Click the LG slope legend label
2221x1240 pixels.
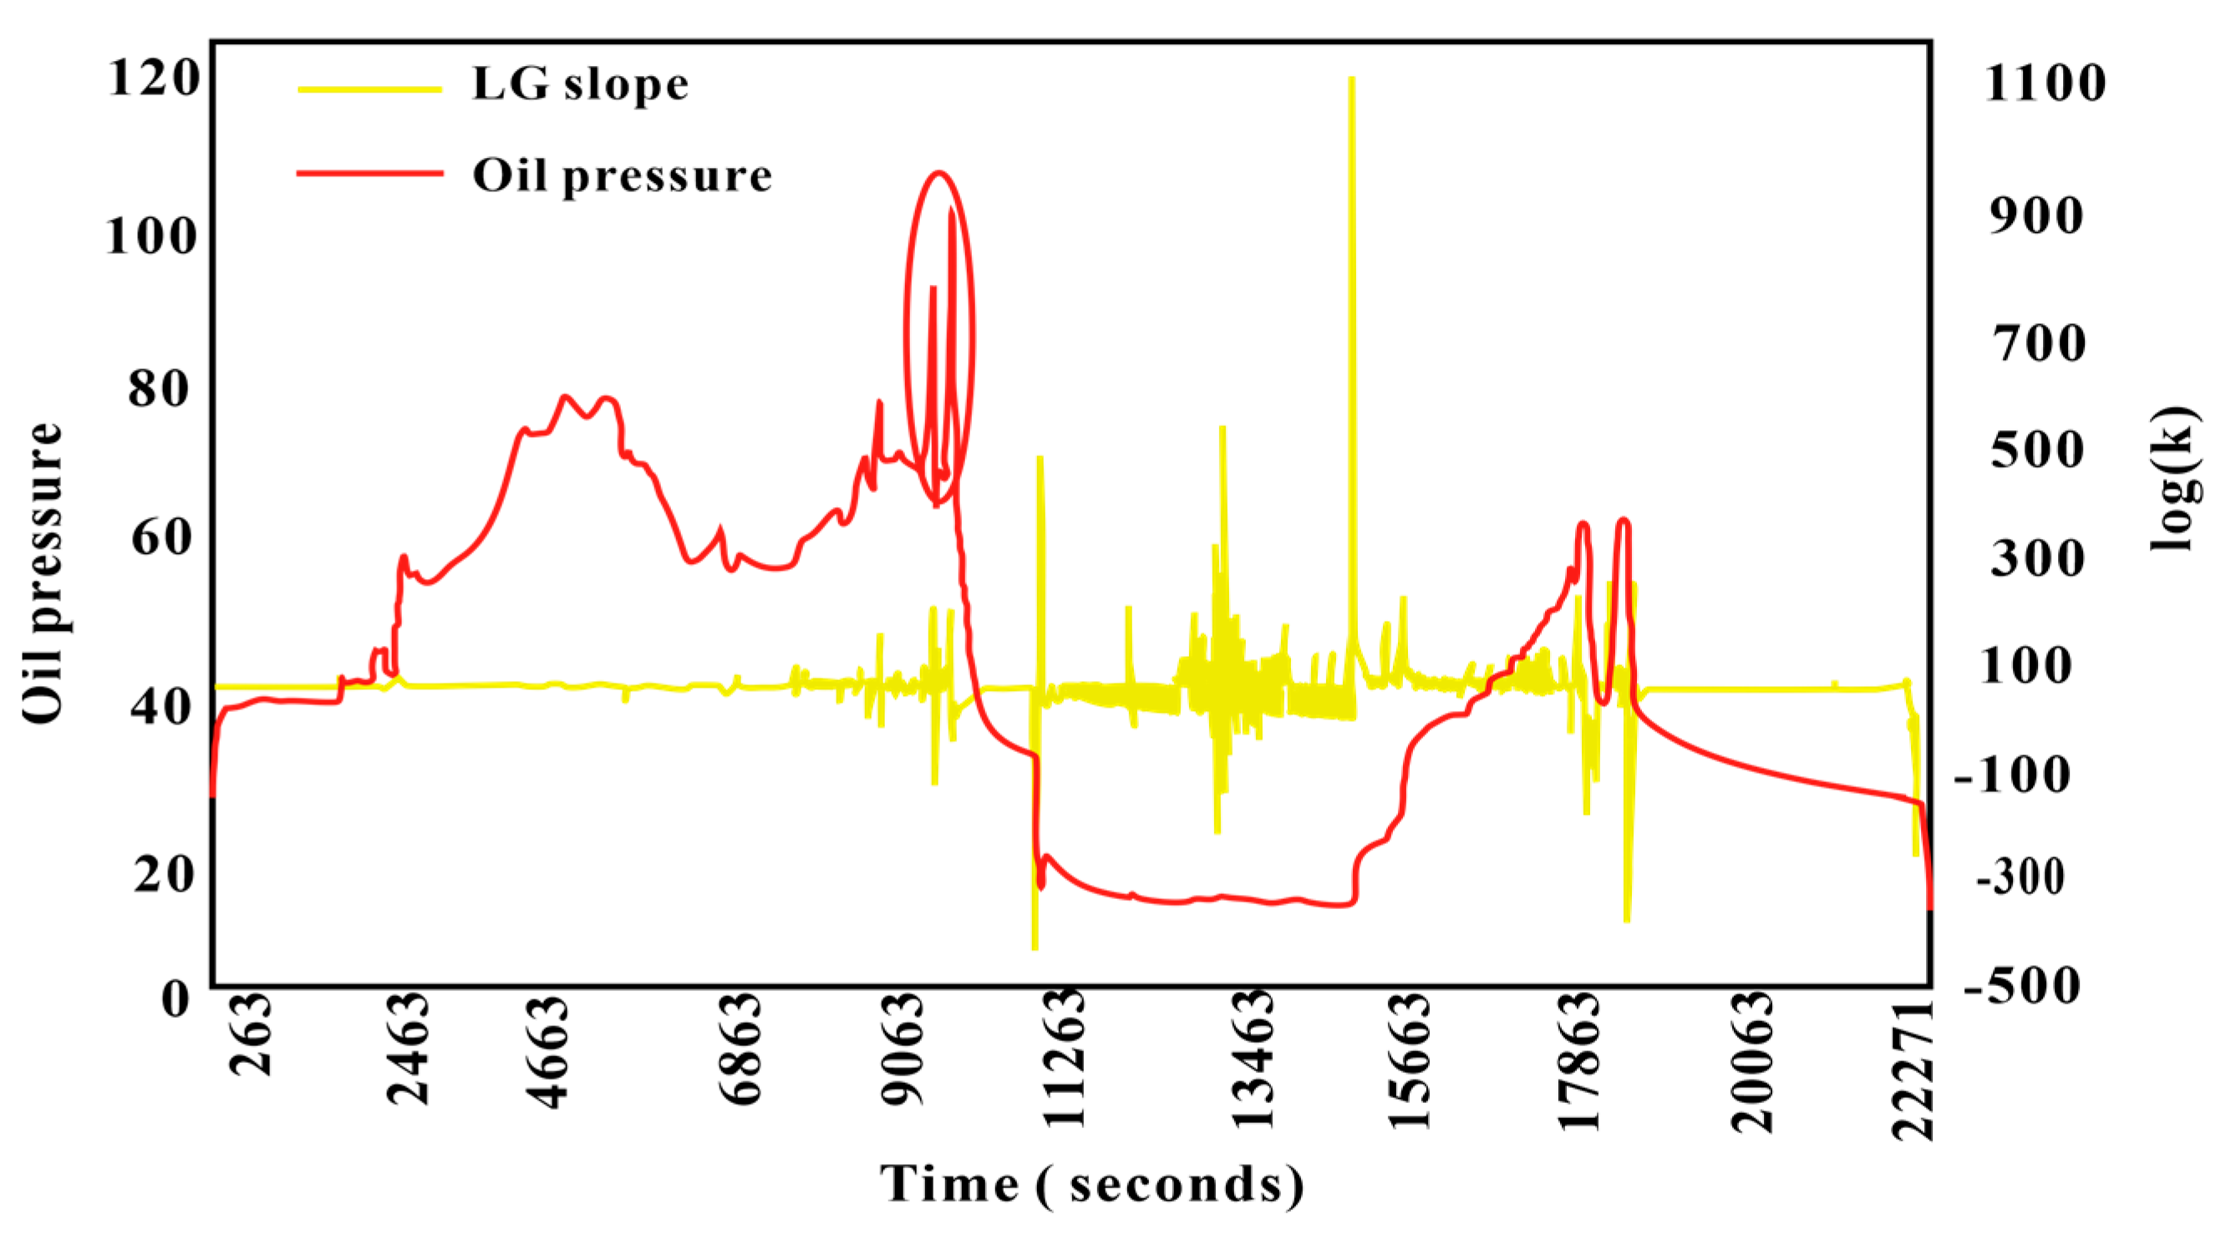click(x=580, y=85)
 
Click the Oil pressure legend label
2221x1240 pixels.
click(x=622, y=177)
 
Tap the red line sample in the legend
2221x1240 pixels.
click(x=370, y=173)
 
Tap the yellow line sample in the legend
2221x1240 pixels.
click(x=370, y=88)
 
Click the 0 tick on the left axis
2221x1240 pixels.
click(x=175, y=999)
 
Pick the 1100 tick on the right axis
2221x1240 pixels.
click(x=2044, y=84)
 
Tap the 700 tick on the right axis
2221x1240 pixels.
click(x=2037, y=343)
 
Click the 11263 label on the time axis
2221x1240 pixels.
click(x=1064, y=1058)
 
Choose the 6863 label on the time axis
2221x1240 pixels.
click(x=740, y=1049)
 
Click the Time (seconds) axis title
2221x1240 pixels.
click(x=1091, y=1184)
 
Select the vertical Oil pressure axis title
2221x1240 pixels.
click(x=43, y=572)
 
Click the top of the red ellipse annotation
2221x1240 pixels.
click(x=939, y=172)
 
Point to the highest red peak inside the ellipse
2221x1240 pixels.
click(x=952, y=210)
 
